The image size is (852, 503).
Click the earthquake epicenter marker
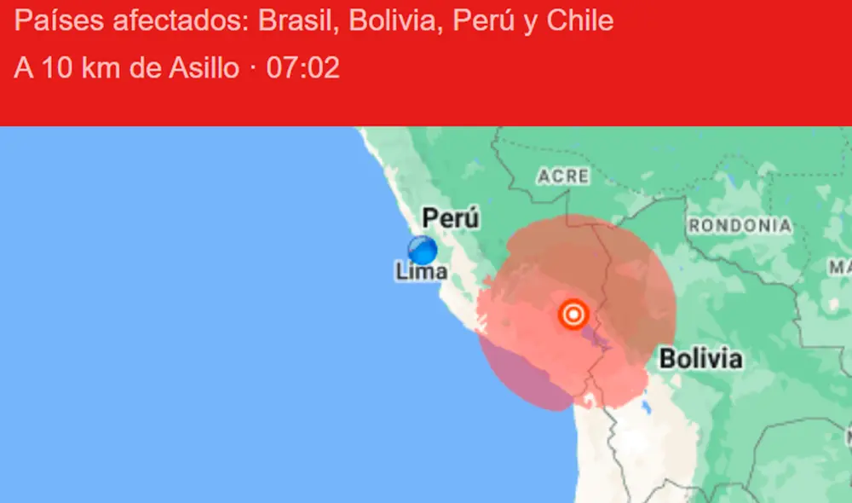tap(574, 315)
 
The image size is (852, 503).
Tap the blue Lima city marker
tap(422, 250)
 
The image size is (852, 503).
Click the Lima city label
tap(422, 272)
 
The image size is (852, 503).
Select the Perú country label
tap(451, 218)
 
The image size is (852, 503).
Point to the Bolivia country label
tap(700, 359)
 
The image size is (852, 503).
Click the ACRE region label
tap(563, 176)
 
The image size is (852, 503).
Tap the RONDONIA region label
tap(740, 226)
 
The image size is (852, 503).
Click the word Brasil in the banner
tap(289, 21)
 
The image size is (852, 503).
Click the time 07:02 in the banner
tap(303, 68)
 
